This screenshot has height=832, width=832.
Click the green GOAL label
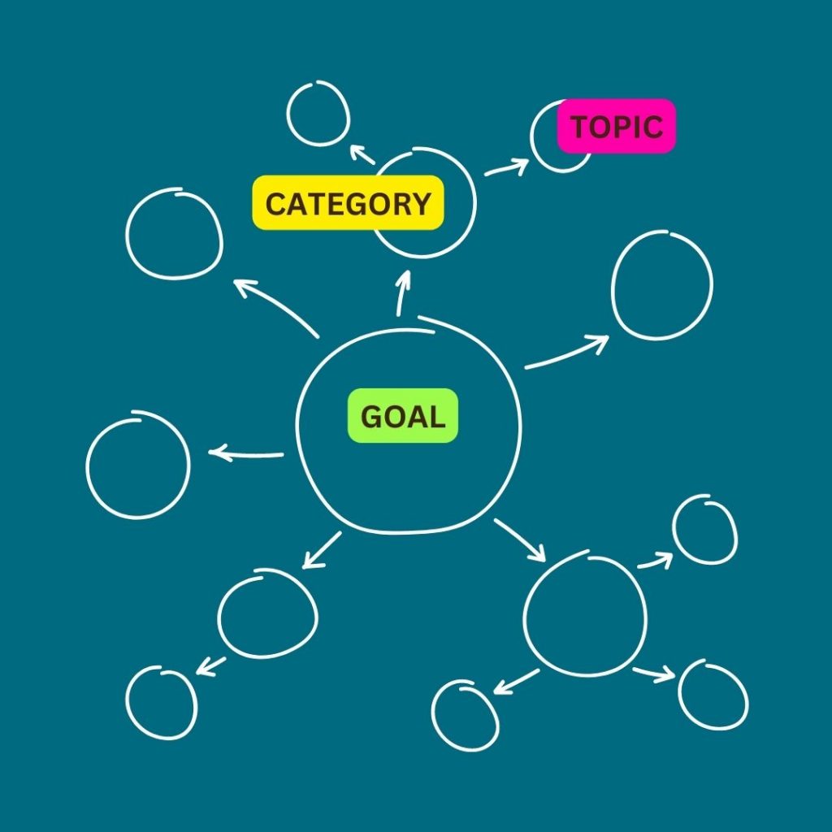pos(403,416)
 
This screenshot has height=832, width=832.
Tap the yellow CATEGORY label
pos(348,203)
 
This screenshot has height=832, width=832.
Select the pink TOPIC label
pos(616,126)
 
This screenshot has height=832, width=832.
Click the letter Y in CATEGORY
pos(420,204)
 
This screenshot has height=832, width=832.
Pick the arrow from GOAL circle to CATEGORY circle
pos(401,293)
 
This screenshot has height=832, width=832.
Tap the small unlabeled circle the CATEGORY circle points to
pos(318,113)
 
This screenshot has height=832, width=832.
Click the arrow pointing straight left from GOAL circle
pos(246,453)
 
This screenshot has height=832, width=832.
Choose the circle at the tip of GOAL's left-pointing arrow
pos(138,465)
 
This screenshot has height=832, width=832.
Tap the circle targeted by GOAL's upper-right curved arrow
pos(661,285)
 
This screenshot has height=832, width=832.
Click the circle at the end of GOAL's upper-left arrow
pos(174,234)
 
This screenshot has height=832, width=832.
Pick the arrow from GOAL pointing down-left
pos(322,550)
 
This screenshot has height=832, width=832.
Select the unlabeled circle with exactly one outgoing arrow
pos(267,613)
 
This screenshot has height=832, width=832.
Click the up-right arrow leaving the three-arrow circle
pos(655,561)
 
